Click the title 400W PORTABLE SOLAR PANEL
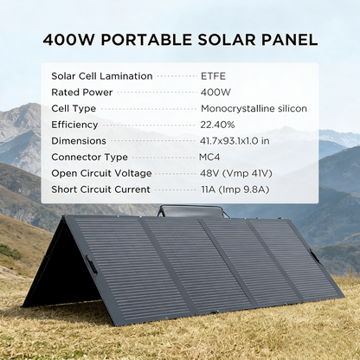click(x=179, y=40)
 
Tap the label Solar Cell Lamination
click(x=101, y=76)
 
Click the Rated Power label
click(x=83, y=93)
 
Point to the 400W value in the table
click(x=215, y=93)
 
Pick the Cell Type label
click(x=74, y=109)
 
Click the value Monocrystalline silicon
click(x=254, y=109)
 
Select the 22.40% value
click(x=219, y=125)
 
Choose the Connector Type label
click(x=89, y=157)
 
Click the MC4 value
click(x=210, y=157)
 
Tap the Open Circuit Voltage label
click(x=102, y=174)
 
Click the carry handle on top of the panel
click(x=182, y=209)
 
